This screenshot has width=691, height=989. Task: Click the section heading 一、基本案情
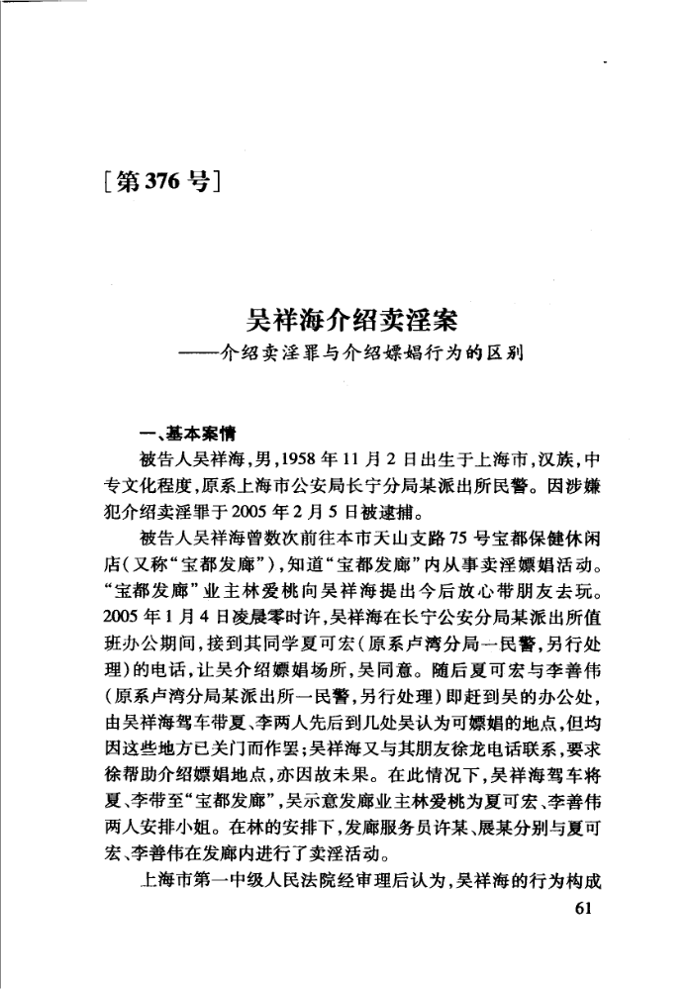pos(186,435)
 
